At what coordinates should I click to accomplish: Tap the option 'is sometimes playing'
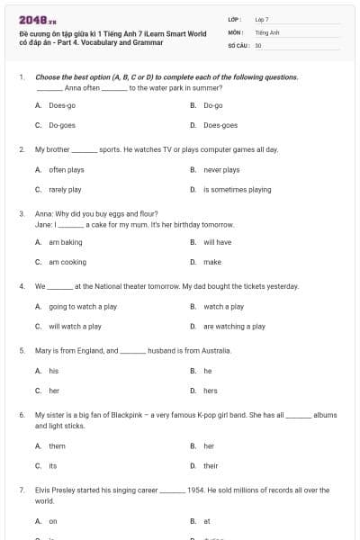237,190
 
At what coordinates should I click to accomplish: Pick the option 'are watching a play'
234,327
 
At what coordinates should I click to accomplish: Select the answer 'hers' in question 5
211,391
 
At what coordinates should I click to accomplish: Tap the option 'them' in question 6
57,445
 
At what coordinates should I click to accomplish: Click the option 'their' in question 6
211,465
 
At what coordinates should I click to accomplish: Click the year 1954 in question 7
195,490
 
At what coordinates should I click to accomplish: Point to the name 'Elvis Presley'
56,490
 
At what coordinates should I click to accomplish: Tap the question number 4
21,286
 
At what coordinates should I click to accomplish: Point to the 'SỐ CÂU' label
238,44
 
